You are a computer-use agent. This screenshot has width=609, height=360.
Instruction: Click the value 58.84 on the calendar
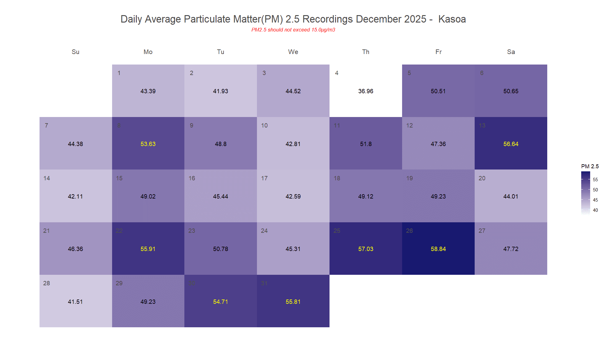438,249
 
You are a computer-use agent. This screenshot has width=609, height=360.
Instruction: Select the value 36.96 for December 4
366,91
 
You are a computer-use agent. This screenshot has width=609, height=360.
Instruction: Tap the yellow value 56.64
511,144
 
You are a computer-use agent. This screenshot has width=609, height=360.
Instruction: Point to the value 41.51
75,302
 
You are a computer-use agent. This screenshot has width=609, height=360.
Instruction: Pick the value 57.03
366,249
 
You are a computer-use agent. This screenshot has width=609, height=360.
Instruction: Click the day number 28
47,283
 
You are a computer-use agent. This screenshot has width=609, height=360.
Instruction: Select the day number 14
47,178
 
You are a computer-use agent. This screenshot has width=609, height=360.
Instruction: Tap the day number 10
264,125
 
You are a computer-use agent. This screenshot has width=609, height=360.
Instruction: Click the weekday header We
293,52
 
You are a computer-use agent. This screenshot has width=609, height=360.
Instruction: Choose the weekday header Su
75,52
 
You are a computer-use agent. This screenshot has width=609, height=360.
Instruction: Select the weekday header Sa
511,52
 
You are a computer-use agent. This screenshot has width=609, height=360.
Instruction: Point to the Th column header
366,52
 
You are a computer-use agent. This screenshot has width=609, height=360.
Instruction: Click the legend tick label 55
595,180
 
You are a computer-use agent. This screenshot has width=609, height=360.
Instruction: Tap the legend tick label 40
595,210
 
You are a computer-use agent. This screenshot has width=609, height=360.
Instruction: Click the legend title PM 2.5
590,166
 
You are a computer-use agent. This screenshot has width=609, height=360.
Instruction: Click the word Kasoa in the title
452,19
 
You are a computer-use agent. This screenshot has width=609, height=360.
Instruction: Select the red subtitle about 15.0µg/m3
293,30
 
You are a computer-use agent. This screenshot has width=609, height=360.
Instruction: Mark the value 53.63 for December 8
148,144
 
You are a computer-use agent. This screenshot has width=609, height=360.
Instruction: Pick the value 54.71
220,302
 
